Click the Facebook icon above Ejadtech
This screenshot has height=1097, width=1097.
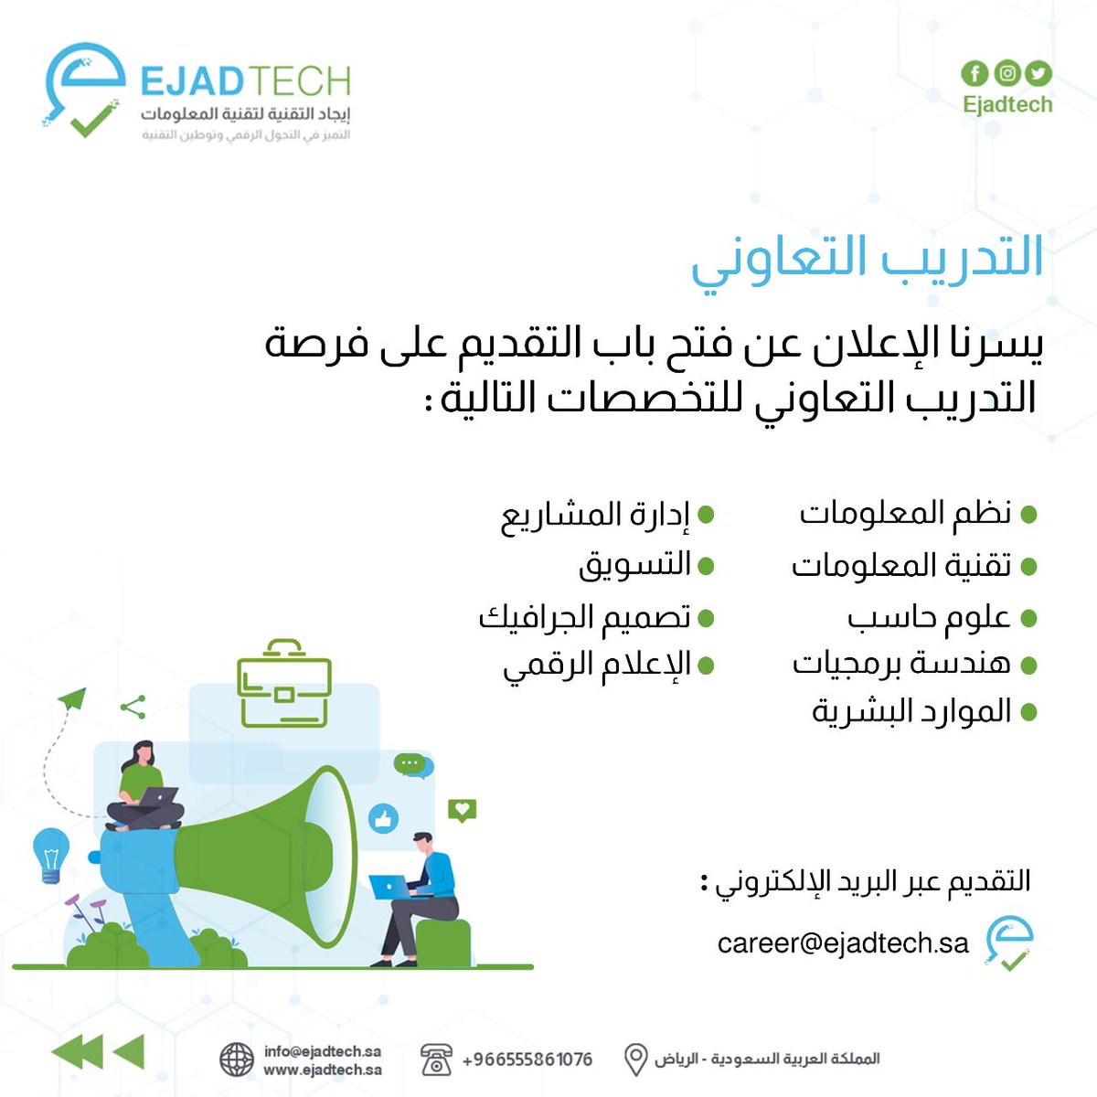click(x=975, y=73)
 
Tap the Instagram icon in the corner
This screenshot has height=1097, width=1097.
click(x=1006, y=73)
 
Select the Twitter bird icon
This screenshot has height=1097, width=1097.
click(x=1038, y=73)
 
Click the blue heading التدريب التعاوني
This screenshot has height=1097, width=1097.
click(x=867, y=257)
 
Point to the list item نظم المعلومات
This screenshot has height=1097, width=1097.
click(x=906, y=514)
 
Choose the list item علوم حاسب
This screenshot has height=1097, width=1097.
click(x=929, y=618)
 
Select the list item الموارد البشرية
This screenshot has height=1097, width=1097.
click(x=911, y=711)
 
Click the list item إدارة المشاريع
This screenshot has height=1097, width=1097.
click(x=595, y=516)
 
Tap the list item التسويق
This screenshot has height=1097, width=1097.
click(x=634, y=566)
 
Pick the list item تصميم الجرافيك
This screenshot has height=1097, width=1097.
click(x=585, y=618)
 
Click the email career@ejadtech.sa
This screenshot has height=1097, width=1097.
click(x=843, y=943)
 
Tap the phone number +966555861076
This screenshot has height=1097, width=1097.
click(x=527, y=1060)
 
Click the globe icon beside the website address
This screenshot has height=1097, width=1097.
click(x=237, y=1060)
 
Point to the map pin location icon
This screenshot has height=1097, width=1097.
click(x=635, y=1060)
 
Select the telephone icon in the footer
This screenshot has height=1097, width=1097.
click(x=436, y=1060)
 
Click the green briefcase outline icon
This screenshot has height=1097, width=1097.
click(x=283, y=685)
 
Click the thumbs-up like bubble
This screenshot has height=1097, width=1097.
click(x=384, y=818)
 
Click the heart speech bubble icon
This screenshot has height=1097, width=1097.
click(x=462, y=810)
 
